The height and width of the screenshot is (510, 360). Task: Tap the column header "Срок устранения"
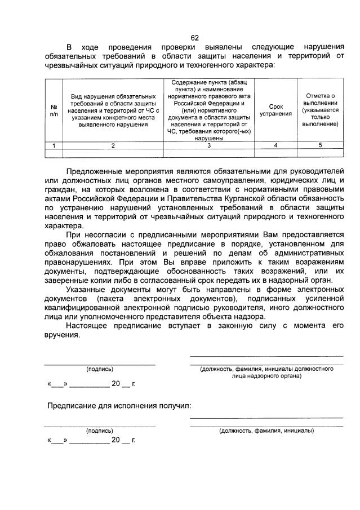[x=275, y=110]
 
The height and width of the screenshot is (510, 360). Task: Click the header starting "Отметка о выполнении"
[x=320, y=110]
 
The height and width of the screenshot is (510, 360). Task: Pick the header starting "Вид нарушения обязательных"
[x=113, y=110]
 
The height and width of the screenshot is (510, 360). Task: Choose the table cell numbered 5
[x=320, y=145]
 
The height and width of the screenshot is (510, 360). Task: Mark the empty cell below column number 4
[x=275, y=153]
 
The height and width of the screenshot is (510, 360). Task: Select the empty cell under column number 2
[x=113, y=153]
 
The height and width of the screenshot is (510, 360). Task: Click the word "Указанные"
[x=87, y=289]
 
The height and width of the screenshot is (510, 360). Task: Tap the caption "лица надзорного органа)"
[x=266, y=375]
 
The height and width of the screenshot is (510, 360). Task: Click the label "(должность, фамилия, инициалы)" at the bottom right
[x=266, y=431]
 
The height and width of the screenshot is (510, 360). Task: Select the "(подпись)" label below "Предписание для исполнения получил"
[x=100, y=431]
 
